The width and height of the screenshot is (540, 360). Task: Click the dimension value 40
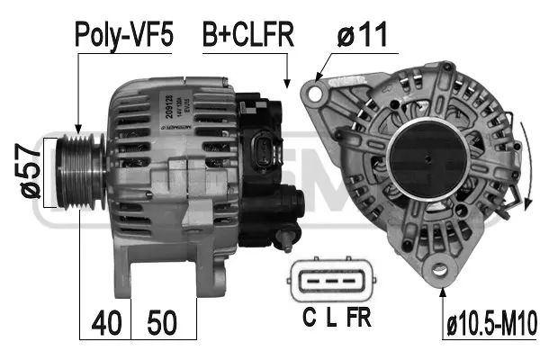(x=107, y=321)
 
